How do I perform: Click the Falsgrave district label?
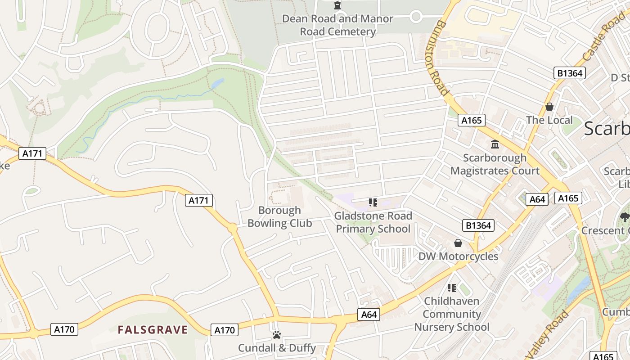pyautogui.click(x=153, y=330)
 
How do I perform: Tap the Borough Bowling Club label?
pyautogui.click(x=279, y=217)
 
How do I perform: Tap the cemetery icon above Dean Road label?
pyautogui.click(x=337, y=5)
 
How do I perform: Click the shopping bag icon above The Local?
pyautogui.click(x=549, y=107)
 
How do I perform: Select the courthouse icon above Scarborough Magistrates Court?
pyautogui.click(x=495, y=144)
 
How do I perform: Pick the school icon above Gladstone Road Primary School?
pyautogui.click(x=373, y=202)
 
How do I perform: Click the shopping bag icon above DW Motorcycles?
pyautogui.click(x=458, y=243)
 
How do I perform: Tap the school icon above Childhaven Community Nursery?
pyautogui.click(x=451, y=288)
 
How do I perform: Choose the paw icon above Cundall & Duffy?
pyautogui.click(x=276, y=335)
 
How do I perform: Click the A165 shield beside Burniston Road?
pyautogui.click(x=471, y=120)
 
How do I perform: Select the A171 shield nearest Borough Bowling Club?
pyautogui.click(x=198, y=200)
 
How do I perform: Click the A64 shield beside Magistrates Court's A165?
pyautogui.click(x=537, y=199)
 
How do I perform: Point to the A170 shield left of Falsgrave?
pyautogui.click(x=64, y=329)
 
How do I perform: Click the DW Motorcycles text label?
pyautogui.click(x=458, y=256)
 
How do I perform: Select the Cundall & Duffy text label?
pyautogui.click(x=277, y=348)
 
